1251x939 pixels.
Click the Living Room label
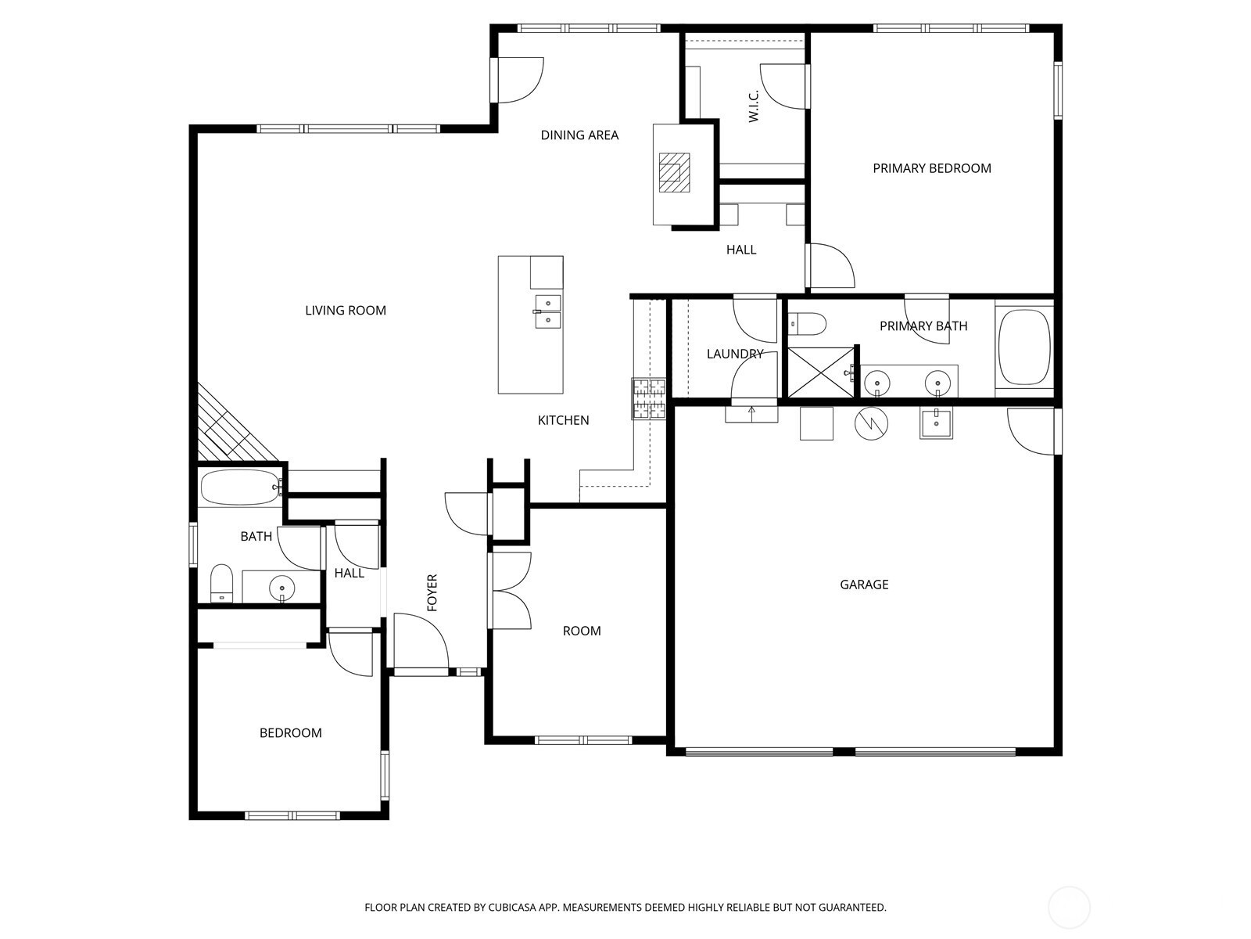[x=346, y=310]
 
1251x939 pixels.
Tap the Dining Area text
[x=579, y=135]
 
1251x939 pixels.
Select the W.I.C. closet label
[x=754, y=106]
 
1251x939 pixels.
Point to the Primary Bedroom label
[x=932, y=168]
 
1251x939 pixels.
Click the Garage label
[x=864, y=585]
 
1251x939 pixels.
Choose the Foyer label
[x=432, y=593]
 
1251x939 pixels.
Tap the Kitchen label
[x=563, y=420]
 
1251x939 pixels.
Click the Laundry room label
[x=735, y=354]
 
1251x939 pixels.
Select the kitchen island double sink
[x=548, y=312]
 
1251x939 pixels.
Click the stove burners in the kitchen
[x=649, y=399]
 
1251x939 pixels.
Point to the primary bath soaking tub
[x=1024, y=347]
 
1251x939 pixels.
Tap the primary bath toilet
[x=807, y=324]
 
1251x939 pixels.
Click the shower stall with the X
[x=821, y=372]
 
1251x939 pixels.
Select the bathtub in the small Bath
[x=240, y=487]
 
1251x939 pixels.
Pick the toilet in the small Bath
[x=222, y=583]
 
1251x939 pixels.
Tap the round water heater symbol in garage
[x=872, y=423]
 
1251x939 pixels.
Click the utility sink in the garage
[x=936, y=423]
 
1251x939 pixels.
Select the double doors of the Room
[x=511, y=591]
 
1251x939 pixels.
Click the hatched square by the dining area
[x=674, y=172]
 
